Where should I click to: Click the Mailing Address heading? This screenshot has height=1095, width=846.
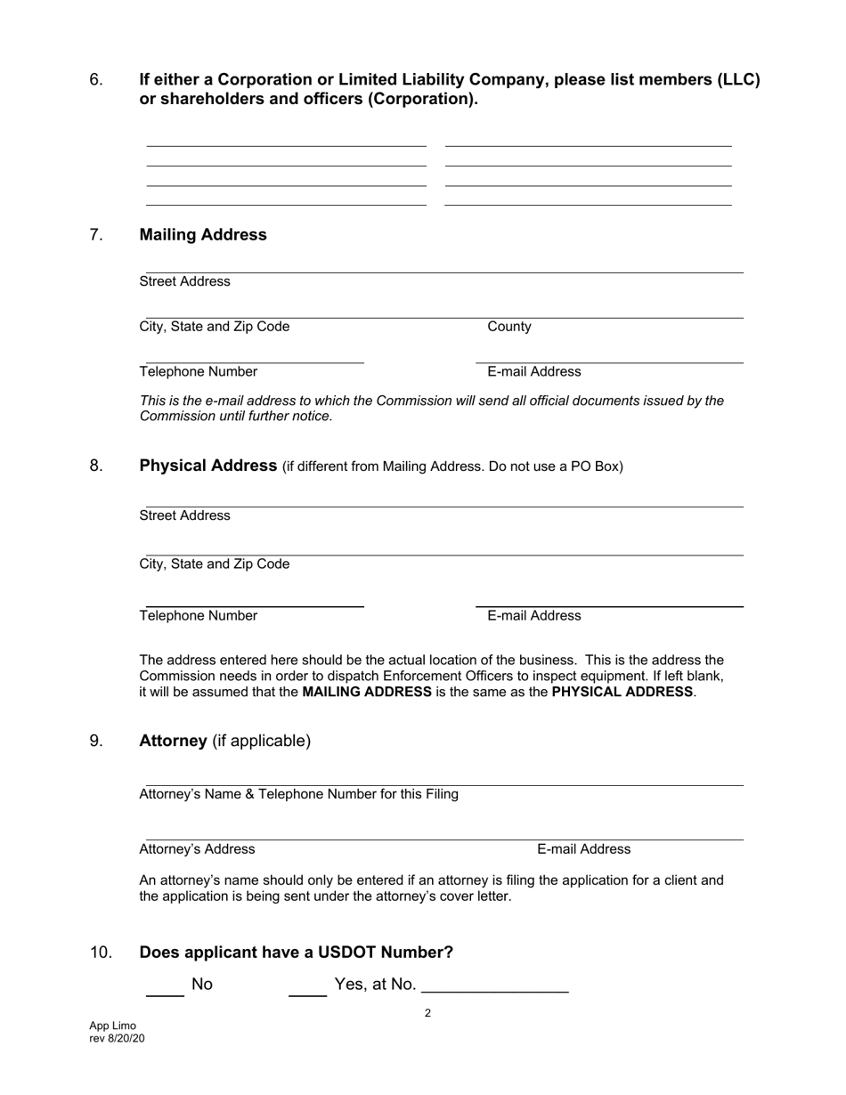(203, 235)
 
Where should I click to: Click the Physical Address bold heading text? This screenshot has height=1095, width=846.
(208, 466)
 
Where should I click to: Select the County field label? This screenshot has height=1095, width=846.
(509, 327)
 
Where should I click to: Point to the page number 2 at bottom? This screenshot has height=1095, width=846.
(427, 1013)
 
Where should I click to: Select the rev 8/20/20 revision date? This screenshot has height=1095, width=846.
(117, 1038)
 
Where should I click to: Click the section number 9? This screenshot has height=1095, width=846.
(96, 741)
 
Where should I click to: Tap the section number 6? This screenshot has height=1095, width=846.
(96, 80)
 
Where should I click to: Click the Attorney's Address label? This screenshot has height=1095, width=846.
(197, 849)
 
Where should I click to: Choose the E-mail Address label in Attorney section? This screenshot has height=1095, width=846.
(583, 849)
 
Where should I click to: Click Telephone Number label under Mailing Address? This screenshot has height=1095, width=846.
(199, 371)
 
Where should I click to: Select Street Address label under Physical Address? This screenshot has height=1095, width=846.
(184, 515)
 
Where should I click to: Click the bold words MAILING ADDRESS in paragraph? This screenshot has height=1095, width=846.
(367, 692)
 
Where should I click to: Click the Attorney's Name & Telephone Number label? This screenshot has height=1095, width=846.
(298, 794)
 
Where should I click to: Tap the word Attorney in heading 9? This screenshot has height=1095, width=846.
(173, 741)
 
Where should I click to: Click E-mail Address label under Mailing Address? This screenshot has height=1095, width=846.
(533, 371)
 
